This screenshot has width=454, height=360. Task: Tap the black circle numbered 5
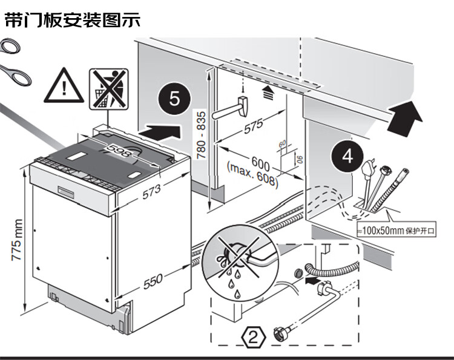[x=174, y=99]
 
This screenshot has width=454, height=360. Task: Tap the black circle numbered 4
[x=347, y=156]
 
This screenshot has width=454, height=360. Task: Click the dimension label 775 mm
[x=18, y=240]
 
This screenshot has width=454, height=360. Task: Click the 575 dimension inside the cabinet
[x=254, y=126]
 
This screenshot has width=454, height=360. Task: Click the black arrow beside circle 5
[x=160, y=129]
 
